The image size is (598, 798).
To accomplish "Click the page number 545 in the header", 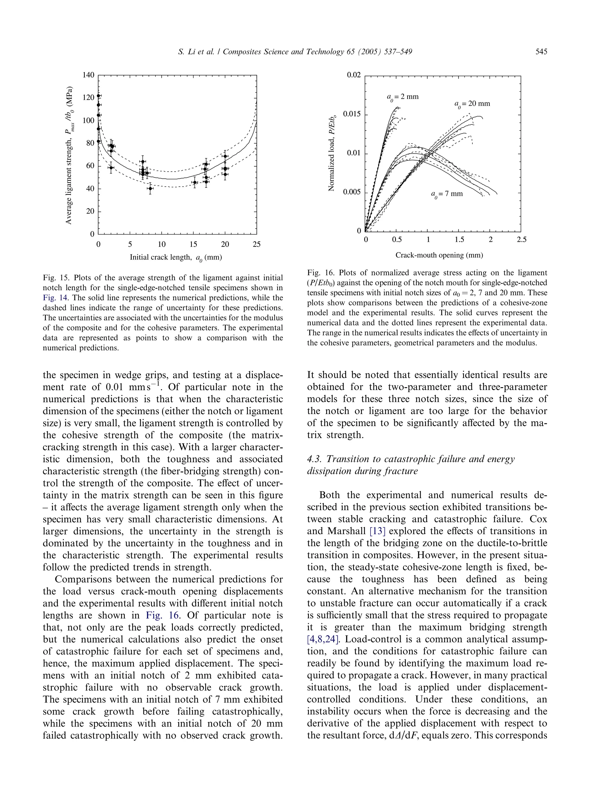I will click(541, 52).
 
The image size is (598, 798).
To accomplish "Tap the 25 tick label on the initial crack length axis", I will click(256, 244).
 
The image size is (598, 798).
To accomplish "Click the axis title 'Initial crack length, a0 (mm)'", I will click(176, 257).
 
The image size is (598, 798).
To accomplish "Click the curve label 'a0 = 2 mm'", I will click(403, 97).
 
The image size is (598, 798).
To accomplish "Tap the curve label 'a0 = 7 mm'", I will click(446, 194).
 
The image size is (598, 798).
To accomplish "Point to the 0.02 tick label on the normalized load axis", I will click(354, 75).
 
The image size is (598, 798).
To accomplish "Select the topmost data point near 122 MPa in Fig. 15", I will click(98, 95).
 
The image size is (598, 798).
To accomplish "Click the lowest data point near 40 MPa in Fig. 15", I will click(150, 188).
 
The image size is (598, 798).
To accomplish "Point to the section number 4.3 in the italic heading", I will click(314, 459).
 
